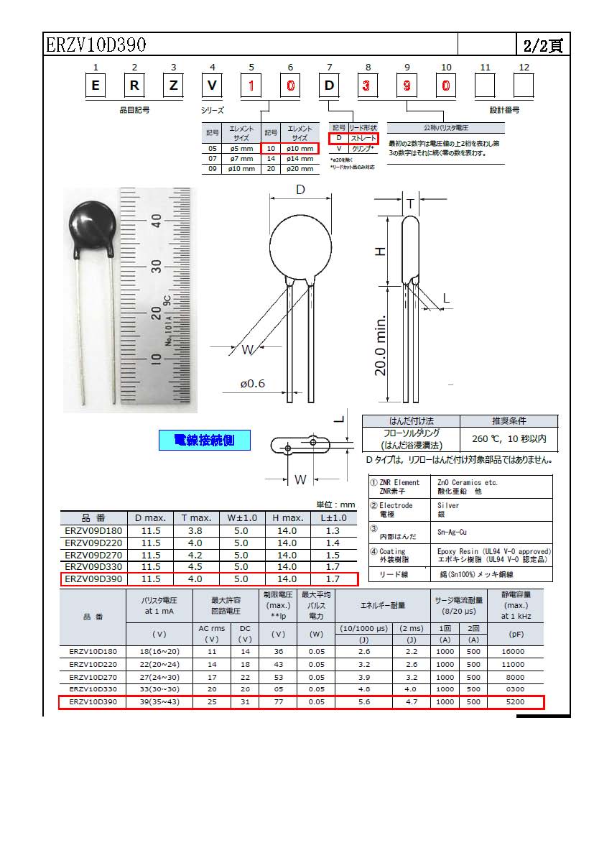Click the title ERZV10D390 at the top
[x=96, y=45]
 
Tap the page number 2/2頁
[x=542, y=46]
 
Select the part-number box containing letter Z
[x=173, y=86]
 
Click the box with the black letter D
[x=330, y=86]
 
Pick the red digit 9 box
[x=407, y=86]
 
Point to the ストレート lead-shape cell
[x=363, y=138]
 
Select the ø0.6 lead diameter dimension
[x=253, y=383]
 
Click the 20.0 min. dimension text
[x=381, y=345]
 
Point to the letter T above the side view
[x=410, y=204]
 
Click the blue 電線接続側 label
[x=205, y=440]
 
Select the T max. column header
[x=196, y=517]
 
